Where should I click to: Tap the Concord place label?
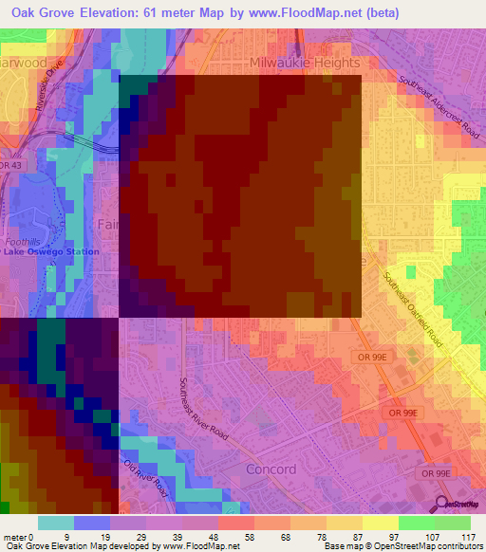point(271,469)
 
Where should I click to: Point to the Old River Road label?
point(146,478)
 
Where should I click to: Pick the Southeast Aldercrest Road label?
point(439,109)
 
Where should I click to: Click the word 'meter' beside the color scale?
point(16,536)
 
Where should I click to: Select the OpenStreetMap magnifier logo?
point(440,504)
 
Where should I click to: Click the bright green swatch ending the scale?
point(453,523)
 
